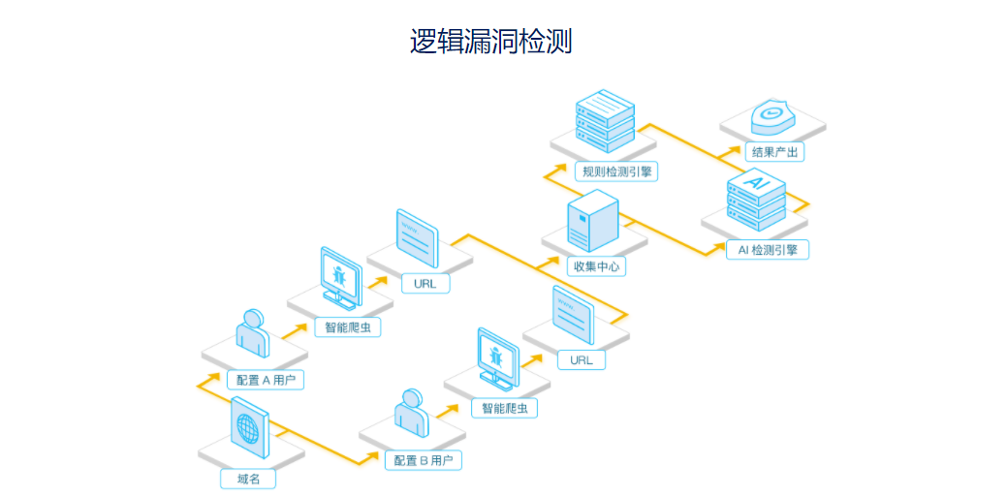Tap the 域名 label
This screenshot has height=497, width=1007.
point(248,479)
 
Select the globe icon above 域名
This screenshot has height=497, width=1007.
point(249,428)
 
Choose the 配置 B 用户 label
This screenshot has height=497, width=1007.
point(423,460)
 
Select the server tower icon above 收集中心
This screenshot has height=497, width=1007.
point(592,218)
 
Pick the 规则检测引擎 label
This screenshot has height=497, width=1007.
point(615,171)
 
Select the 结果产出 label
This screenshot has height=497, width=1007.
point(776,152)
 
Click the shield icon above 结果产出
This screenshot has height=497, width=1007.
point(772,115)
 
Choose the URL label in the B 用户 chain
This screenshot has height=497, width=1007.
point(581,360)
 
